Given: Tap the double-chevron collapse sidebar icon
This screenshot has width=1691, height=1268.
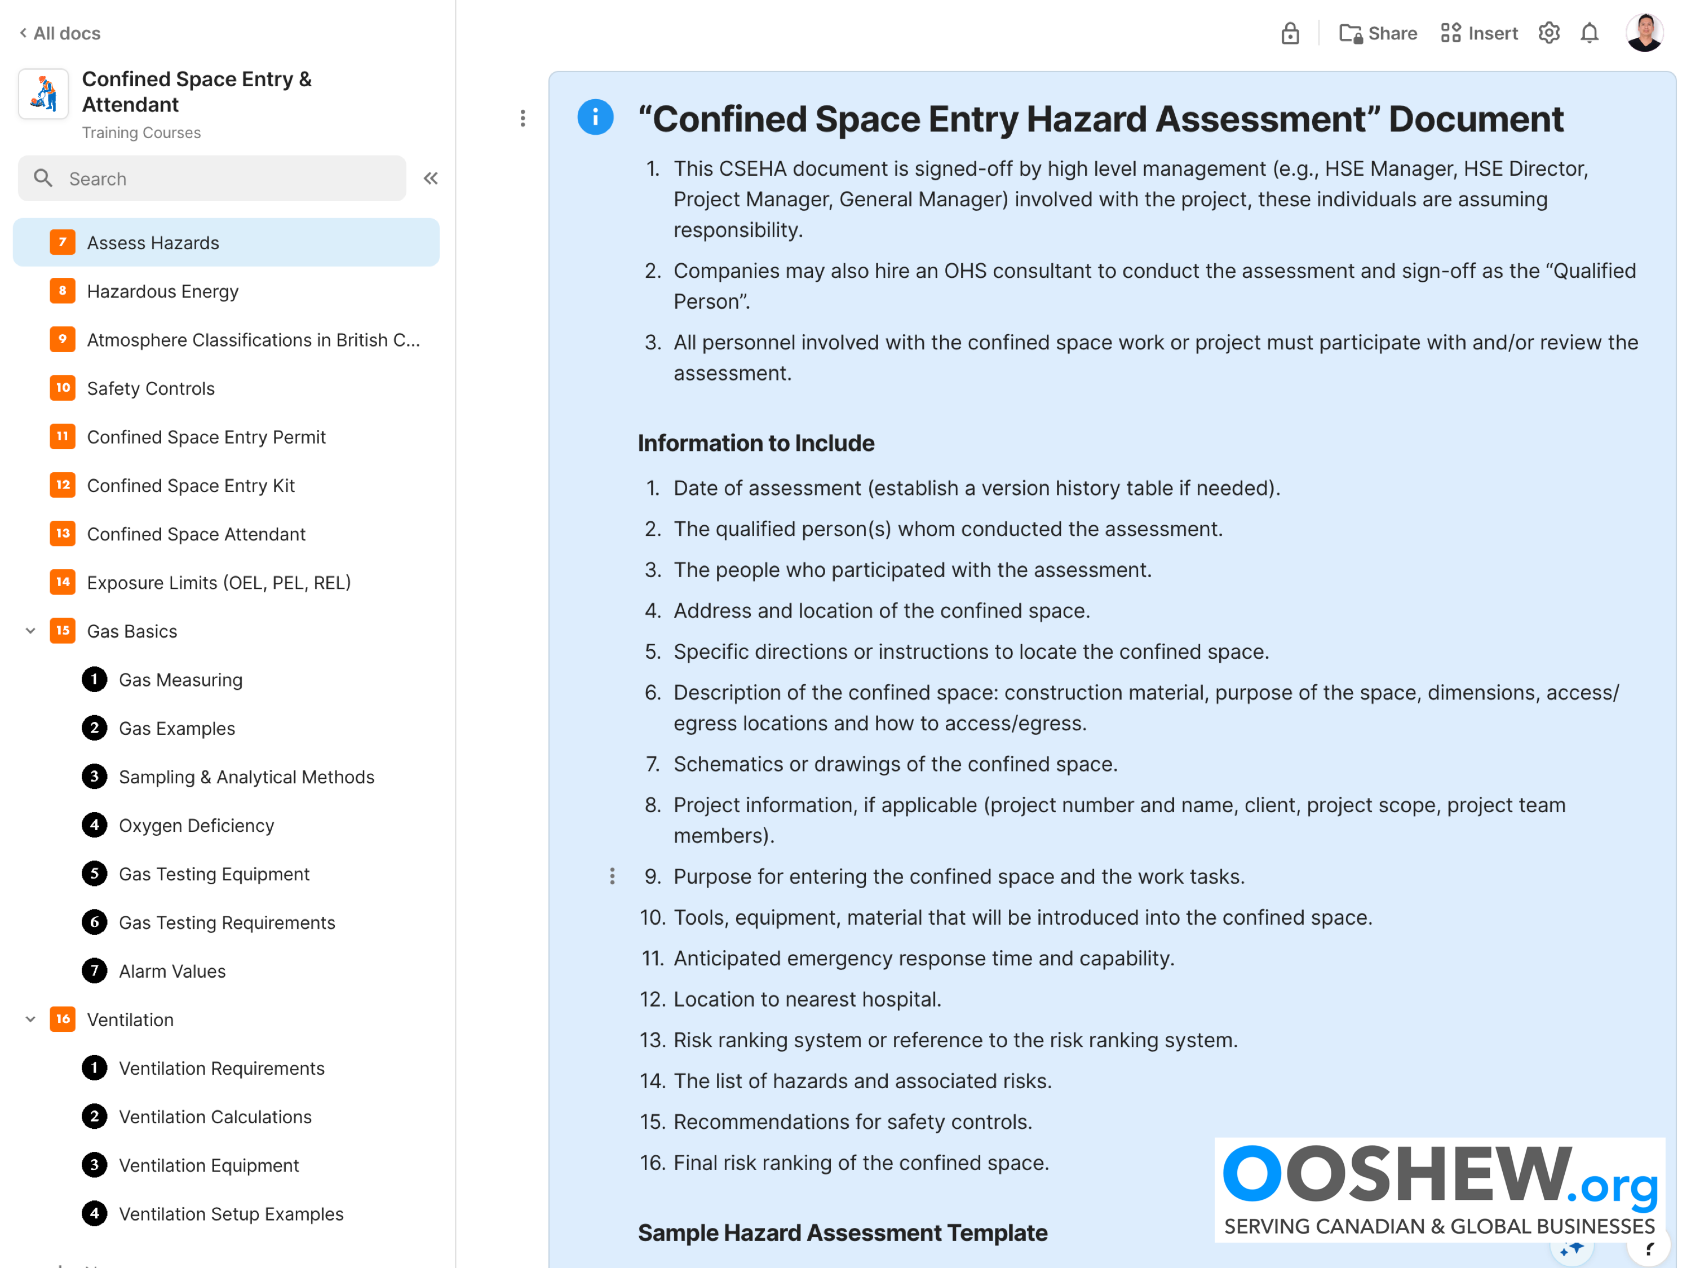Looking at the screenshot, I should [431, 179].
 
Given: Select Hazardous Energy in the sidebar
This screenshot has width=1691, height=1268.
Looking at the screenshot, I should [162, 291].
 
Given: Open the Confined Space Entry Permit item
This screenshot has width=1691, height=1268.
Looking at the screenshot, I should [206, 437].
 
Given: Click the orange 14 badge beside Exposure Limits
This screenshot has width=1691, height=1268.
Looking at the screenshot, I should [63, 582].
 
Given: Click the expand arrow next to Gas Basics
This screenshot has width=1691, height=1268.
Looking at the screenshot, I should [30, 631].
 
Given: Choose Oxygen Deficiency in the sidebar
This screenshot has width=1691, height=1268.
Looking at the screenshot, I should [196, 826].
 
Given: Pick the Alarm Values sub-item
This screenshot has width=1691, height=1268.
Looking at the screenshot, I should [172, 972].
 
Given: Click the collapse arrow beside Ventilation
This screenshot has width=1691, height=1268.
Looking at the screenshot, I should [30, 1019].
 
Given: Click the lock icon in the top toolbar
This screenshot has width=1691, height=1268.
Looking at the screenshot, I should [1290, 34].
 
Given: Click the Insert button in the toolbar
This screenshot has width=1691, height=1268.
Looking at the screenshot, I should [1478, 34].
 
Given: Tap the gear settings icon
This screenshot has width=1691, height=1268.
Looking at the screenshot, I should [1549, 34].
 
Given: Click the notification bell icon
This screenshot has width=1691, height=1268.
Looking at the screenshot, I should [1590, 34].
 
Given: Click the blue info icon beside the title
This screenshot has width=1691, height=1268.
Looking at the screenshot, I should [595, 118].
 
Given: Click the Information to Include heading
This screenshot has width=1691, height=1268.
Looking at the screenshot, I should [755, 444].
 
